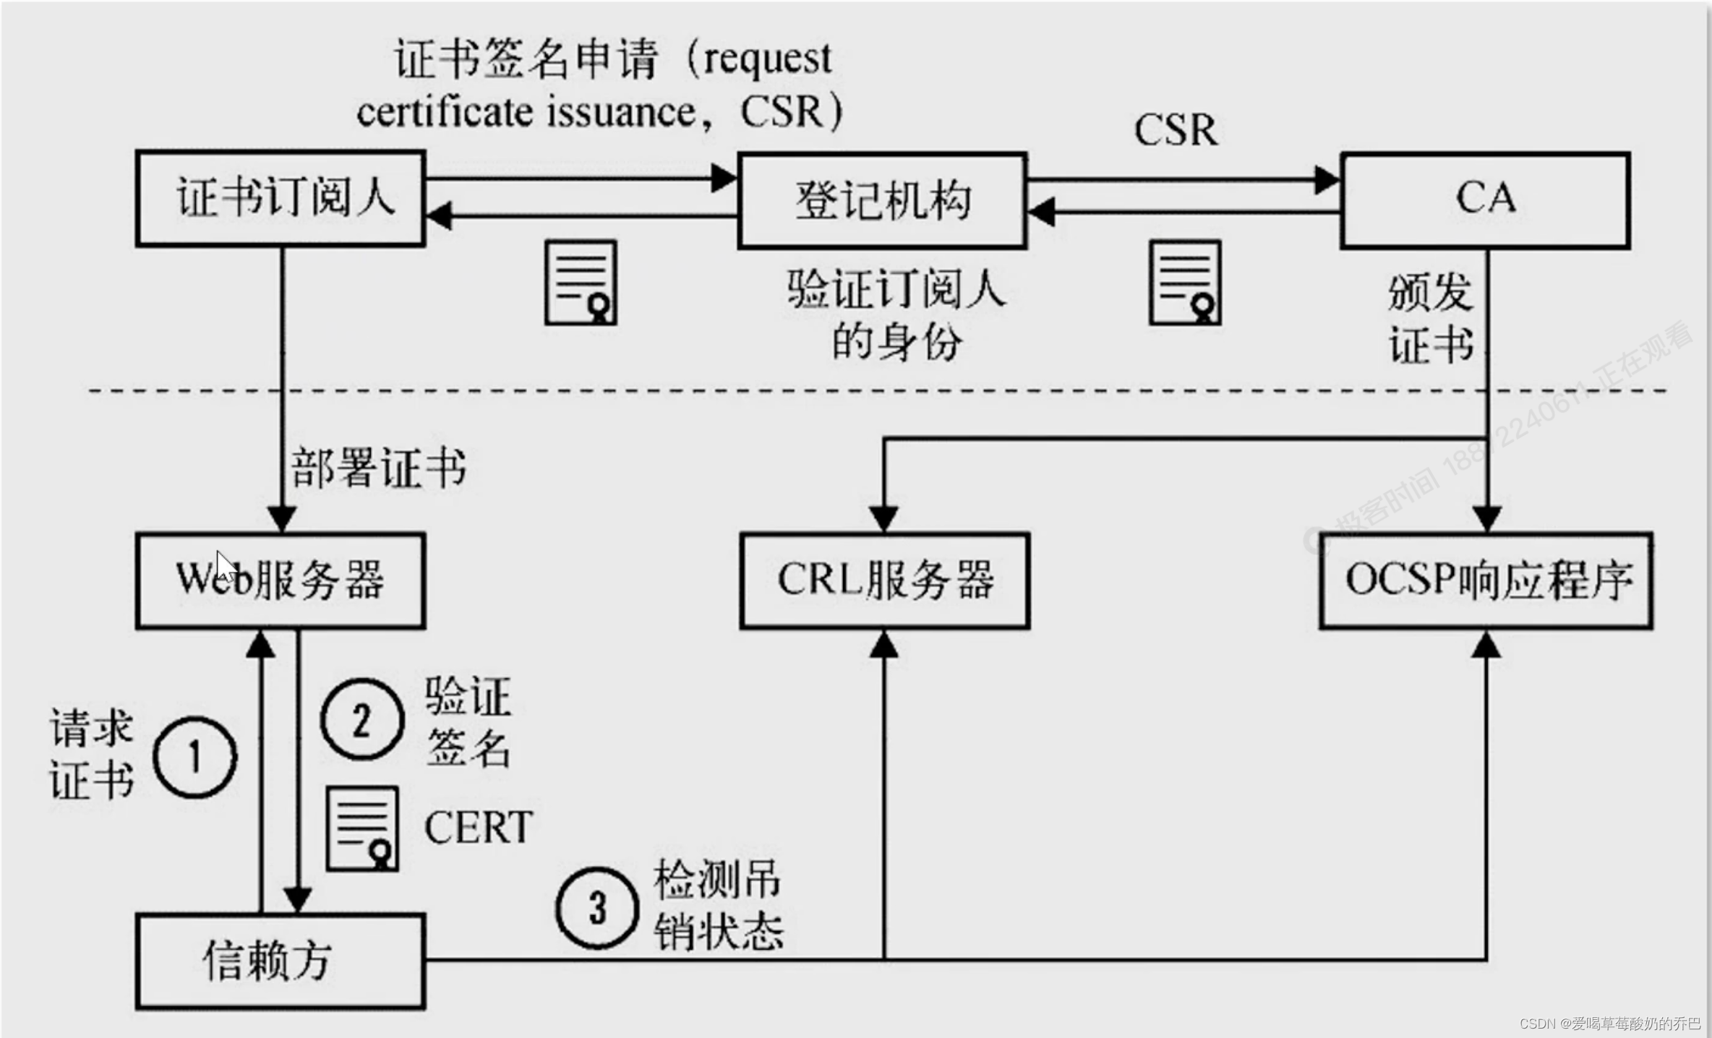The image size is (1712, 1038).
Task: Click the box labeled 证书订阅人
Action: pos(281,199)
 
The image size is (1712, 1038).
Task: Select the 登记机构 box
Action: pos(882,201)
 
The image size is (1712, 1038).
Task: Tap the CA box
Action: pos(1485,200)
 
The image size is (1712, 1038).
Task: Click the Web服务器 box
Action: pos(281,580)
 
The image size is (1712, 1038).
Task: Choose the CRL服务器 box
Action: pos(884,580)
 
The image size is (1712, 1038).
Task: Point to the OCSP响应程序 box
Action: pos(1486,580)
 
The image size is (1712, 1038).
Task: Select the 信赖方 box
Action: pos(281,961)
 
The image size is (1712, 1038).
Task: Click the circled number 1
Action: pos(194,757)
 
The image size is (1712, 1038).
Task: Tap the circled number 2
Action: pos(361,719)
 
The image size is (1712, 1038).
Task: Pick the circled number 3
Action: pos(596,908)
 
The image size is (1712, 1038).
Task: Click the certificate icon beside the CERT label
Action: pos(362,828)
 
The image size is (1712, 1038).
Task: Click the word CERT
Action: pos(478,828)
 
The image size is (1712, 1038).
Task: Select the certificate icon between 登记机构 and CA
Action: pos(1185,283)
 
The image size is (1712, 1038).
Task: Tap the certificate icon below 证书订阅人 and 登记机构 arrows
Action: pos(581,283)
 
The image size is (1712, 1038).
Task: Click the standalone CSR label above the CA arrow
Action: pos(1176,130)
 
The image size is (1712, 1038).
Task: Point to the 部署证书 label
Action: pos(378,468)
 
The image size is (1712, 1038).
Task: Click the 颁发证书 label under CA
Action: pos(1430,318)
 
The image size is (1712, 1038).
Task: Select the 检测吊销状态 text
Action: pos(718,906)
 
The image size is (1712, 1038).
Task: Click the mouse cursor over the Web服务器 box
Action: pos(225,566)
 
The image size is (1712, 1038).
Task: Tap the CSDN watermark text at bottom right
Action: pos(1609,1024)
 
